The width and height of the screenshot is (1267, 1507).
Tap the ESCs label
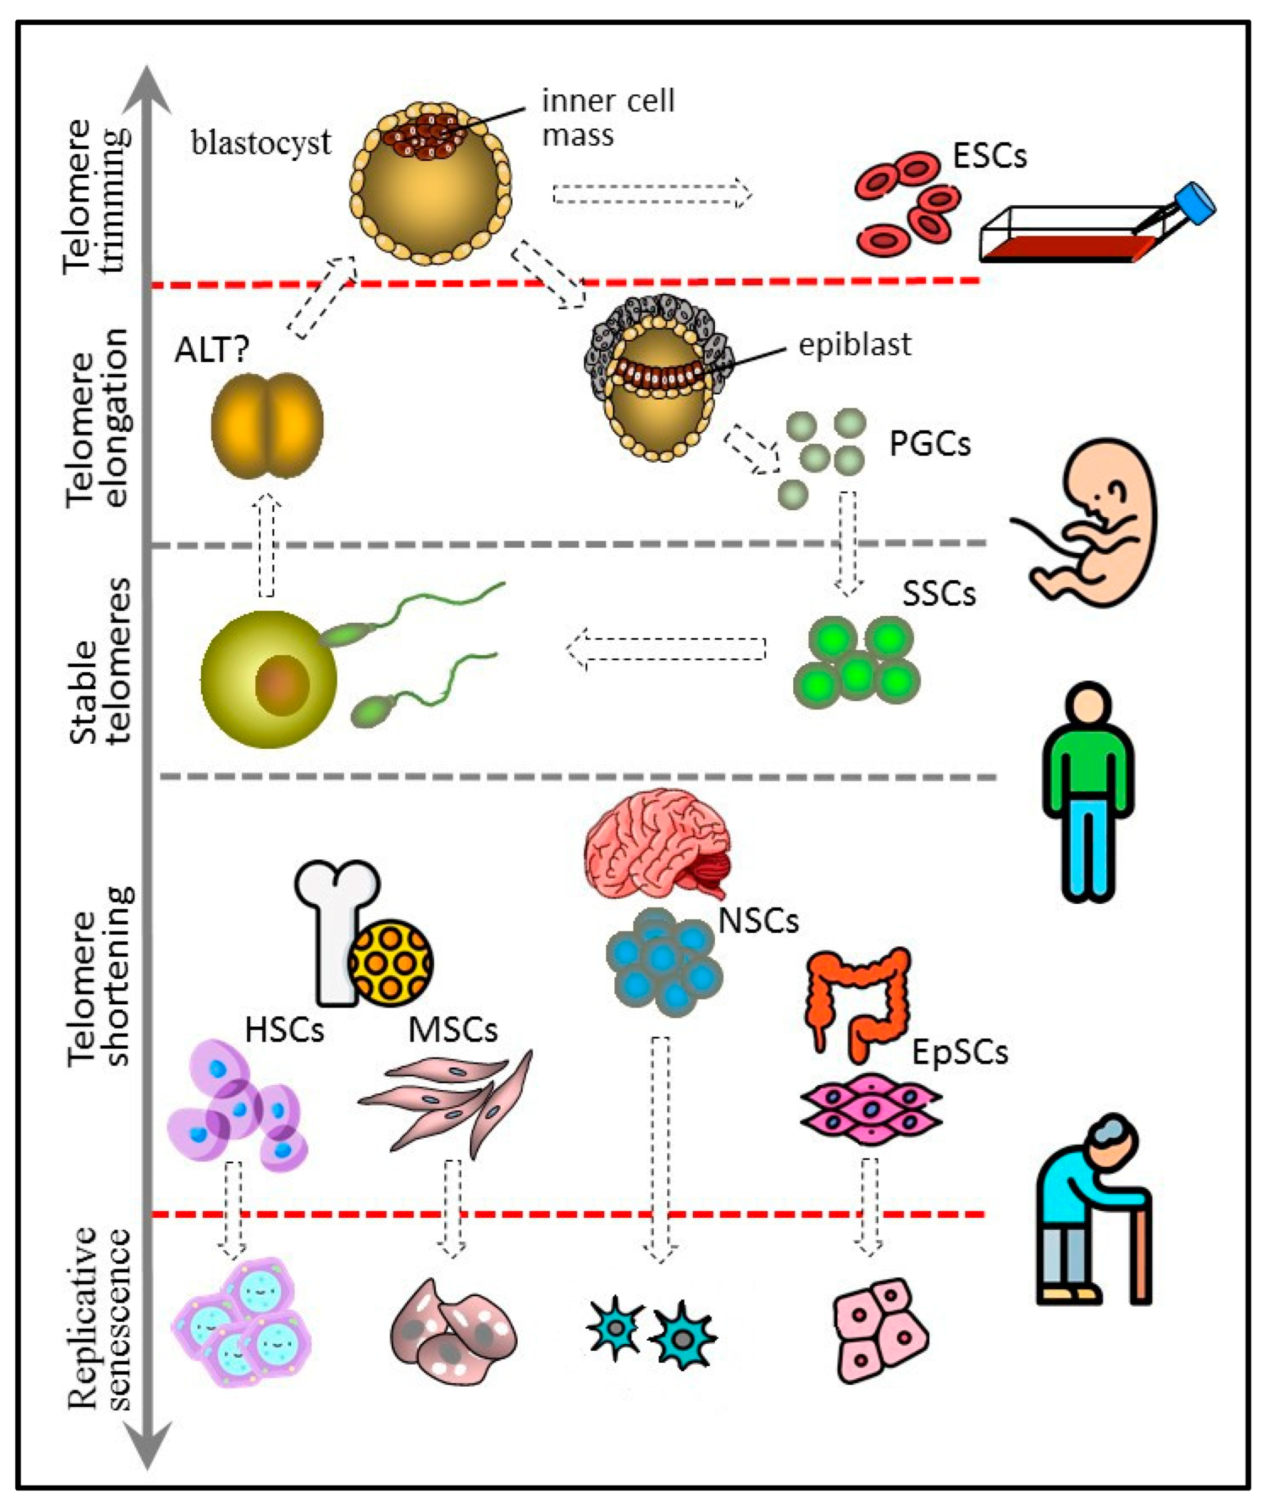pos(990,156)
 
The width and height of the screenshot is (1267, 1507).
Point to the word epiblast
pos(855,345)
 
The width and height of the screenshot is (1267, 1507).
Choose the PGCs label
pos(930,443)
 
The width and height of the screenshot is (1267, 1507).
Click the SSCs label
pos(939,594)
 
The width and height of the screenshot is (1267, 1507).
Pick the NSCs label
pos(759,921)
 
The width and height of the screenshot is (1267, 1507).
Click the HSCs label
pos(284,1030)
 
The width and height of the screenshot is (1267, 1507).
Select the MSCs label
pos(453,1030)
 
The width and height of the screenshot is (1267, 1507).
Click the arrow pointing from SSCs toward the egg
pos(666,648)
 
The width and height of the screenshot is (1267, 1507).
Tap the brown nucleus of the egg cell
pos(282,685)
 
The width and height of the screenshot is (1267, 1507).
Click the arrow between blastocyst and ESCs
pos(652,193)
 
